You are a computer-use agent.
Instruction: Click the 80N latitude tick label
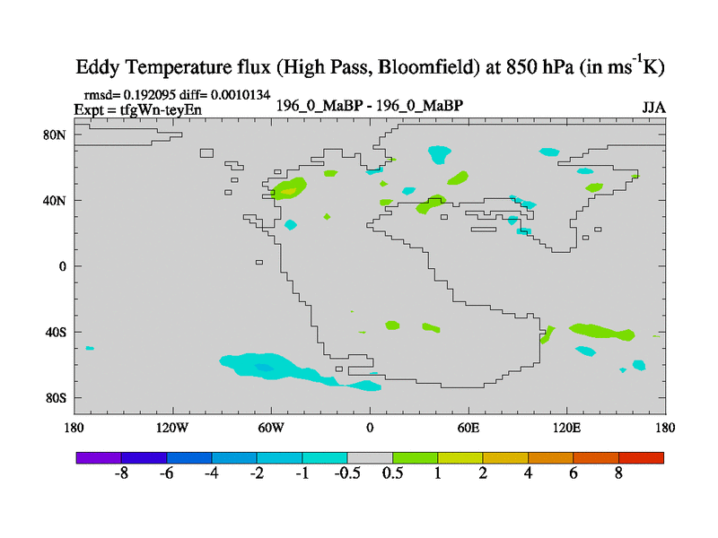click(x=56, y=134)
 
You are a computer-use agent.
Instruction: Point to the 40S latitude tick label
click(x=56, y=332)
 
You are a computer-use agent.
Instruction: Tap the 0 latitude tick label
click(x=63, y=266)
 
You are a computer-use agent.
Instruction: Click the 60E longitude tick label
click(x=469, y=427)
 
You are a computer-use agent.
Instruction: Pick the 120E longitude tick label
click(x=567, y=427)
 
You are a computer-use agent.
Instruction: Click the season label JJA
click(x=653, y=108)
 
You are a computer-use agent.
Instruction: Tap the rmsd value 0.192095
click(x=145, y=94)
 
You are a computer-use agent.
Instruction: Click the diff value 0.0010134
click(x=238, y=94)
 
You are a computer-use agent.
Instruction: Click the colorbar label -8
click(x=122, y=473)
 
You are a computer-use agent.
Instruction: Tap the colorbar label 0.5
click(x=392, y=473)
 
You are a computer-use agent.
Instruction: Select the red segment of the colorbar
click(x=641, y=457)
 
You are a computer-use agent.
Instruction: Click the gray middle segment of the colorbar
click(x=370, y=457)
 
